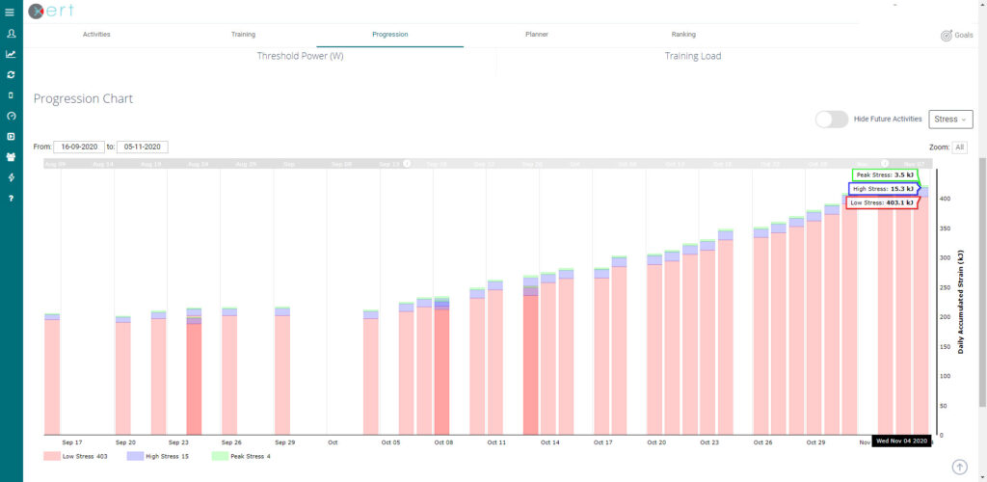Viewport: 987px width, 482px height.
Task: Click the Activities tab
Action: coord(96,34)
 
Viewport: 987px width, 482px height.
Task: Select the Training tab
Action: coord(243,34)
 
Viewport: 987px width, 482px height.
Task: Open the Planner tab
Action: coord(537,34)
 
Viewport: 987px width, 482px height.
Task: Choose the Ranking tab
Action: coord(682,34)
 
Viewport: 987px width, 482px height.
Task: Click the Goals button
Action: coord(956,35)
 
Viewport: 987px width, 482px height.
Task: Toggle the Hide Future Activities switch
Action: coord(831,120)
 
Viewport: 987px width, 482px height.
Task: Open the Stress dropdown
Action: coord(950,120)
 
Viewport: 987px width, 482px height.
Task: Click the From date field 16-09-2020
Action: coord(78,147)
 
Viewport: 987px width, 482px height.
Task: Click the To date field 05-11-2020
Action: coord(143,147)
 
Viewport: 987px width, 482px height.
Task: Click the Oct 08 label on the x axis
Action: coord(443,442)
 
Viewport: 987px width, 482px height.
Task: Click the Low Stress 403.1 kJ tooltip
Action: coord(881,202)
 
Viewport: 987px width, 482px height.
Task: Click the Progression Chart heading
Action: coord(83,99)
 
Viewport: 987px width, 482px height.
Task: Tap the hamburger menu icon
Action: coord(10,12)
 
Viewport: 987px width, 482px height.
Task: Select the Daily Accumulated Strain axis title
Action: coord(960,300)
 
